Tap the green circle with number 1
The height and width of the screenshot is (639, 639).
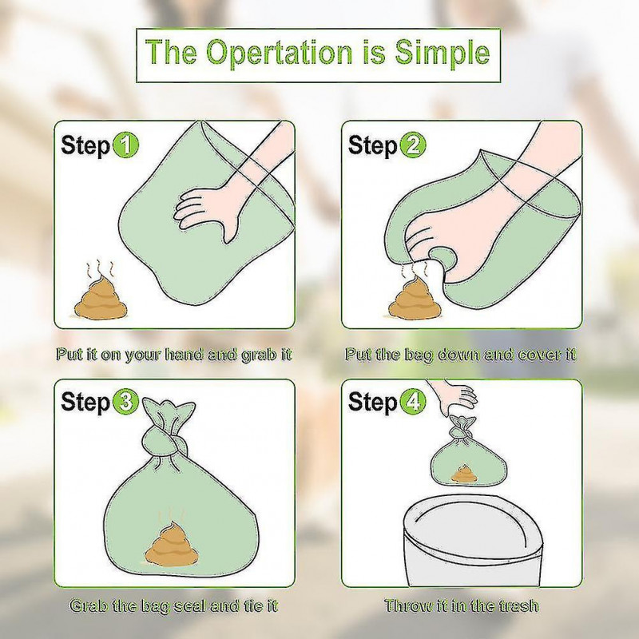coord(126,146)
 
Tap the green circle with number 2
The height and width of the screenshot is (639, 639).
coord(414,146)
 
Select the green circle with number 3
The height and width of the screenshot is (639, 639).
coord(126,402)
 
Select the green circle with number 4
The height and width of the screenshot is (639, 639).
coord(414,402)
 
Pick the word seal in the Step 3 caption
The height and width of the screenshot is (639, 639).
coord(191,605)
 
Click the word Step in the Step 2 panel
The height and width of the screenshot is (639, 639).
coord(372,146)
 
